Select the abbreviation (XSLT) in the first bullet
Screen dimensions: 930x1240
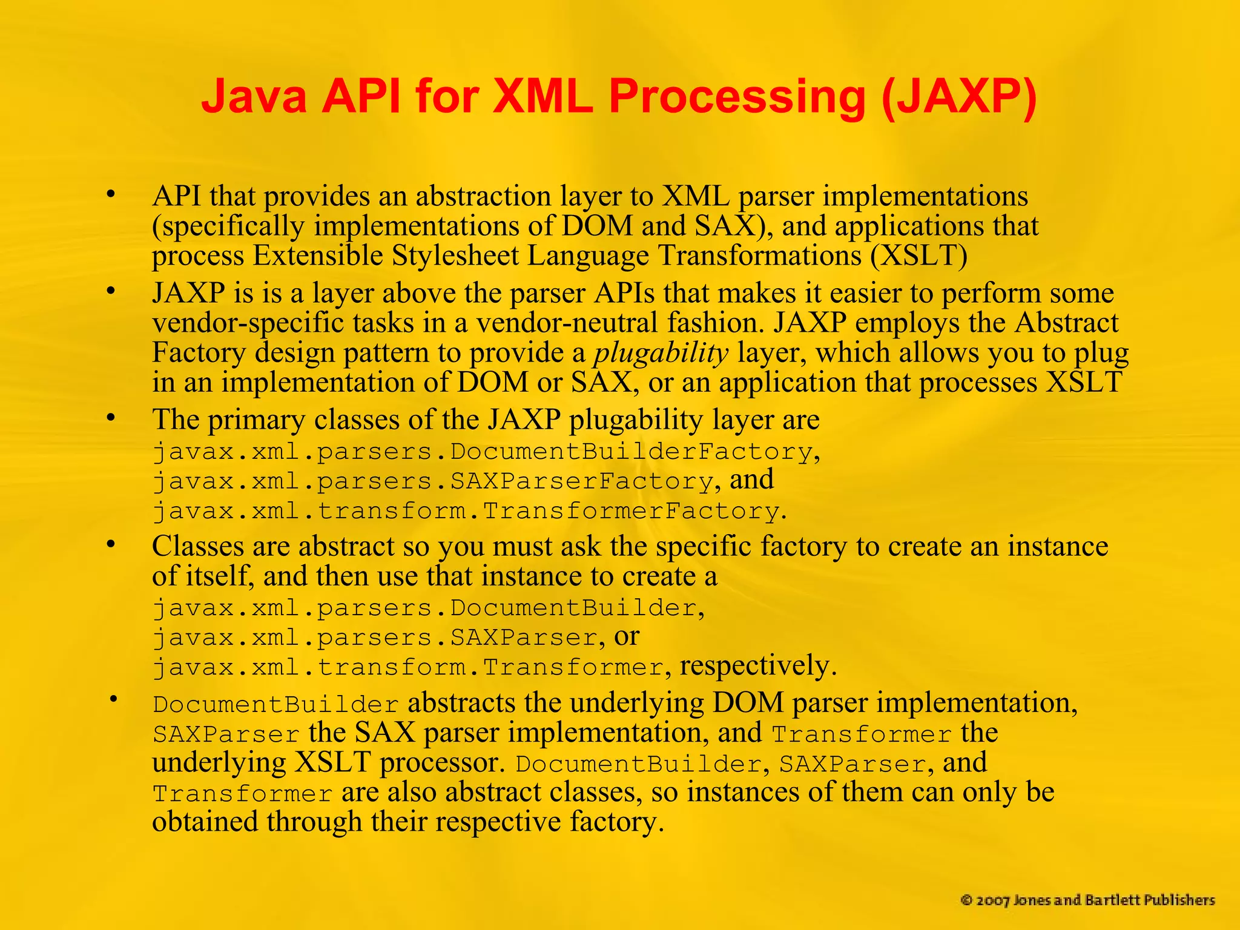[x=918, y=256]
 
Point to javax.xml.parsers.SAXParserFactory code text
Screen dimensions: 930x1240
[x=433, y=482]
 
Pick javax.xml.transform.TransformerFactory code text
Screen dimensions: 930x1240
[x=466, y=512]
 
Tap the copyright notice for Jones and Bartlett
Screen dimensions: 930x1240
[x=1087, y=900]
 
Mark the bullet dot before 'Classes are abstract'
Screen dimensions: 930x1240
[x=110, y=545]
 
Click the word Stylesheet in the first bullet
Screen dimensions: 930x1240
[x=455, y=256]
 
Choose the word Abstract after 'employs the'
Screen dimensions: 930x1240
[x=1066, y=323]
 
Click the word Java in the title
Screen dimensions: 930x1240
[x=254, y=97]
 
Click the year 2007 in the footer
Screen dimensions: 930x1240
[x=992, y=900]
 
